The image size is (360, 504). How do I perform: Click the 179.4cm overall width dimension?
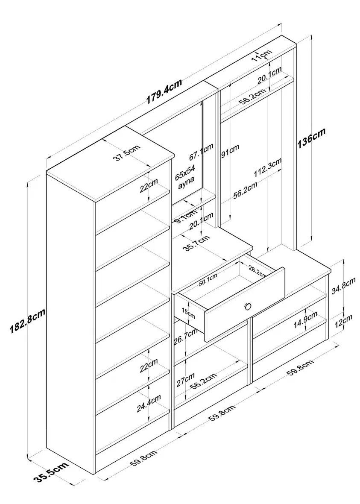click(164, 92)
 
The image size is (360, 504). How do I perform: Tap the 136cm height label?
click(311, 138)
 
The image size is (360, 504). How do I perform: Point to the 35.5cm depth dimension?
click(51, 472)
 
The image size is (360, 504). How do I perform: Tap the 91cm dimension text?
click(230, 150)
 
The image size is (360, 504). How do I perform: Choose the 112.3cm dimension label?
click(268, 167)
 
